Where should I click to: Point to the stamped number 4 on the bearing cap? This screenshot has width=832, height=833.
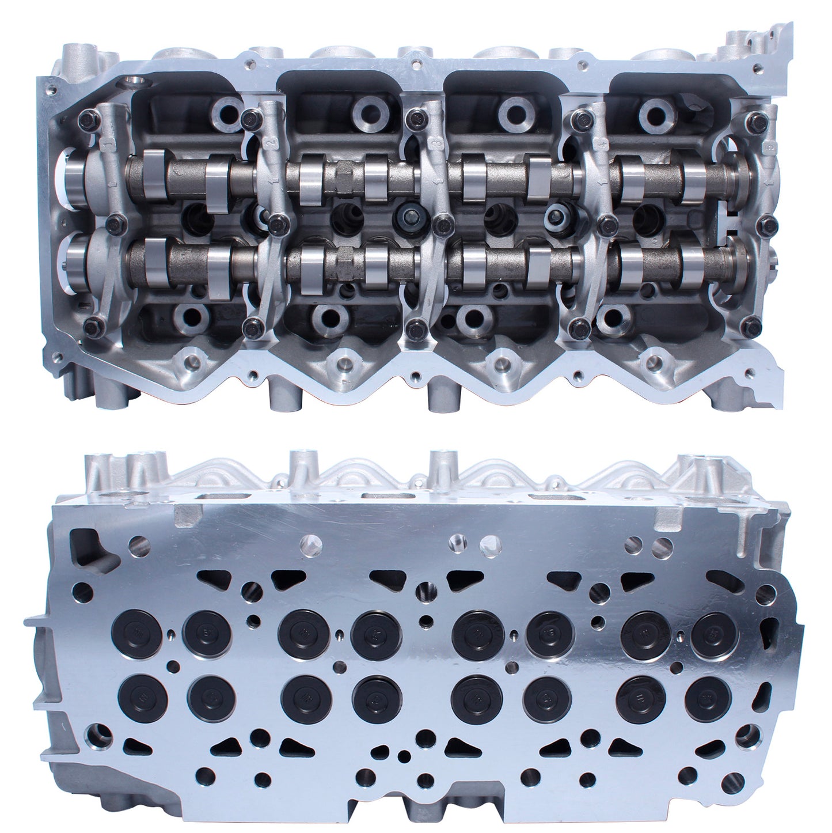595,141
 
